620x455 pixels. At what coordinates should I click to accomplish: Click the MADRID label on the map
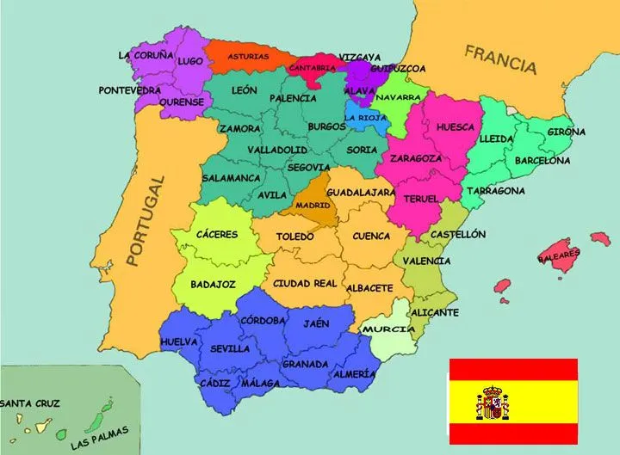coord(312,206)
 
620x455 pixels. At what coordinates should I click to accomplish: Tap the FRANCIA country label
coord(500,58)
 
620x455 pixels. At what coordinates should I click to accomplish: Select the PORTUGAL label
coord(143,220)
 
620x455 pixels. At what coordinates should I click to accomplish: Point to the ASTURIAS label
coord(248,57)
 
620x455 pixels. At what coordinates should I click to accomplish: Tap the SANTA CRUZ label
coord(29,403)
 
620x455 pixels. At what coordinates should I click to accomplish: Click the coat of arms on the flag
coord(493,403)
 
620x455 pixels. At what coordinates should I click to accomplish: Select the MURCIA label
coord(383,329)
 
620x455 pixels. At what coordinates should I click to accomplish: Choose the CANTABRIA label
coord(312,67)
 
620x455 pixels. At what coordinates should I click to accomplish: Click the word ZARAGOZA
coord(416,158)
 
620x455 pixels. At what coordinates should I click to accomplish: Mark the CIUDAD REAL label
coord(305,283)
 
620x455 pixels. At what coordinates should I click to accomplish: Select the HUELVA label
coord(179,341)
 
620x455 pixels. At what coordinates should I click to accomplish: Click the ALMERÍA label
coord(354,374)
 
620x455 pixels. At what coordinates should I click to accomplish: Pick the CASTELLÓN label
coord(458,234)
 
